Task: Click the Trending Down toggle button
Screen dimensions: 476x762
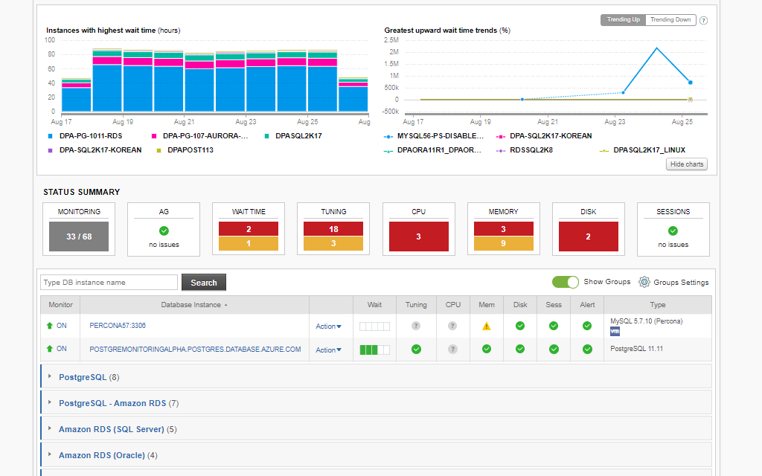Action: click(x=670, y=20)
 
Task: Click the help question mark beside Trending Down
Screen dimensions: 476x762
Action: click(x=703, y=21)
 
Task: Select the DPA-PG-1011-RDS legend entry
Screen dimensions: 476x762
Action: click(x=90, y=136)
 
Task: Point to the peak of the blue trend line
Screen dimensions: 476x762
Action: click(x=656, y=48)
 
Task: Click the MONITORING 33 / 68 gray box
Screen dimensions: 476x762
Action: click(x=79, y=237)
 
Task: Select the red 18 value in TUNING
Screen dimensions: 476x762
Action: click(x=333, y=229)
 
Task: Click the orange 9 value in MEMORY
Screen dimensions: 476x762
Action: click(x=503, y=243)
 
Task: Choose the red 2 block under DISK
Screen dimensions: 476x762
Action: click(x=588, y=237)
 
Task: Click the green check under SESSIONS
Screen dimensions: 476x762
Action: click(x=673, y=231)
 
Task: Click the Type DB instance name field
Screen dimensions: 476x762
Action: click(x=109, y=283)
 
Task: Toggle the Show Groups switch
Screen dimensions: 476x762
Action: click(x=565, y=282)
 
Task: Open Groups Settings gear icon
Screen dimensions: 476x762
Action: click(x=644, y=282)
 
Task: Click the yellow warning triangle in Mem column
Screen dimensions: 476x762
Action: click(x=487, y=326)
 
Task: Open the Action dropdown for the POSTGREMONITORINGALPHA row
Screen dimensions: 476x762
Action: click(x=328, y=350)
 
